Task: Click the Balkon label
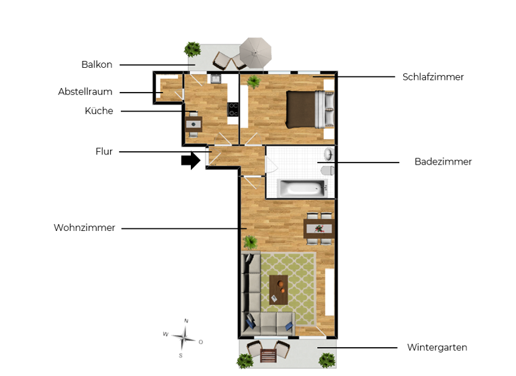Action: (x=97, y=65)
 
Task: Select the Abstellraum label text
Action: (x=85, y=92)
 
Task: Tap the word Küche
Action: (x=99, y=111)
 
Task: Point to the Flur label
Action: (x=104, y=152)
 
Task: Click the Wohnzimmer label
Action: (x=85, y=228)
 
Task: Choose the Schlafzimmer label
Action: (x=433, y=77)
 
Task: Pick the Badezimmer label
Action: (x=443, y=162)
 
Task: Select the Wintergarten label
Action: (x=437, y=348)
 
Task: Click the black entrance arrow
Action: (x=191, y=160)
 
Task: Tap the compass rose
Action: (x=183, y=338)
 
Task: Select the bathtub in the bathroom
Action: (x=301, y=187)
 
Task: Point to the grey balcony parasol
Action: (x=255, y=52)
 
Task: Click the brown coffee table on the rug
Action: (x=279, y=289)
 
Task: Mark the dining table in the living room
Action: (x=318, y=228)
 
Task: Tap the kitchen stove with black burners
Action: (x=233, y=109)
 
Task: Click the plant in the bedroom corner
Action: (x=253, y=83)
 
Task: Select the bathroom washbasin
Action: (x=328, y=154)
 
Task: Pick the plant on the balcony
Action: (x=193, y=49)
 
